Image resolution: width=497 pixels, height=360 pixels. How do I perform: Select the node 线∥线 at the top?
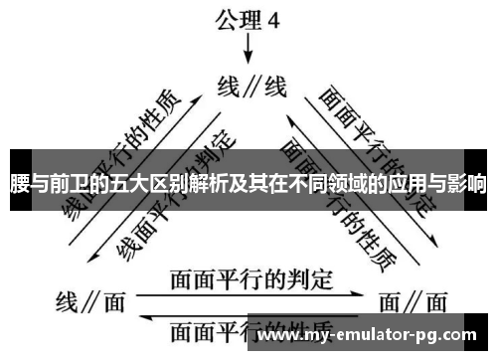251,87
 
